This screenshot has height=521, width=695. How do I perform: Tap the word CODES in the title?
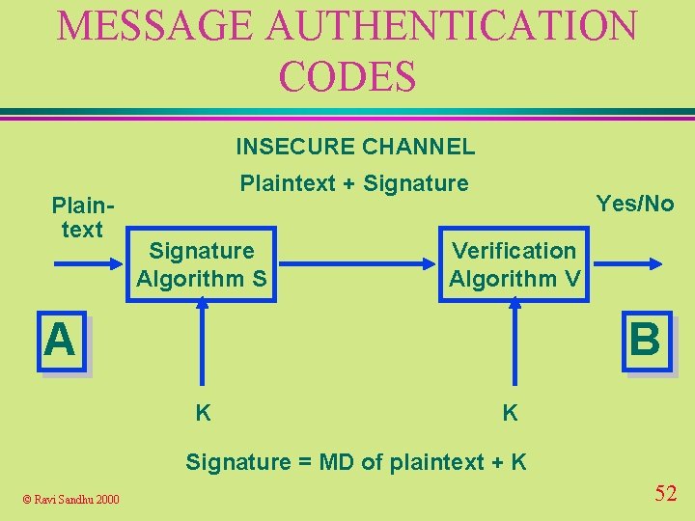[x=347, y=75]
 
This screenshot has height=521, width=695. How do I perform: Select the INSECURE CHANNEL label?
[x=355, y=147]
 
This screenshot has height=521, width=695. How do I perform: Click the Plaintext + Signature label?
[x=354, y=183]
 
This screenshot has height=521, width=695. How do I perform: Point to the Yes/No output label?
[x=634, y=204]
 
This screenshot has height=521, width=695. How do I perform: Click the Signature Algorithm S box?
[x=202, y=264]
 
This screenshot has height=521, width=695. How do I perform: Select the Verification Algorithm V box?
[x=514, y=264]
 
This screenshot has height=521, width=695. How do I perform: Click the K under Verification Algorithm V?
[x=510, y=414]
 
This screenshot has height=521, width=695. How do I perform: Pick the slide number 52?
[x=665, y=494]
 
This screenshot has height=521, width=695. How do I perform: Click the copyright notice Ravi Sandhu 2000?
[x=71, y=499]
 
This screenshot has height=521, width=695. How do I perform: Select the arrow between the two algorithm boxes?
[x=357, y=261]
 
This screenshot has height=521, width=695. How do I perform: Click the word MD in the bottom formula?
[x=340, y=462]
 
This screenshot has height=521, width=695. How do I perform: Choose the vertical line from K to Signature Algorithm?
[x=203, y=347]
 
